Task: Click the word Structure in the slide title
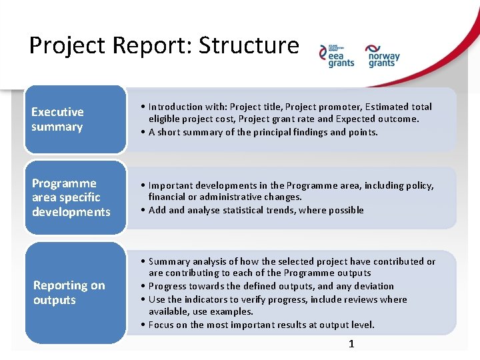tap(249, 45)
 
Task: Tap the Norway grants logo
tap(382, 56)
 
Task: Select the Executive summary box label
tap(57, 119)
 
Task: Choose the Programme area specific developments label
tap(71, 197)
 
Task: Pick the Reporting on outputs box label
tap(69, 293)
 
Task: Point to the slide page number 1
tap(351, 344)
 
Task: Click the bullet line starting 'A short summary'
tap(263, 132)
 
